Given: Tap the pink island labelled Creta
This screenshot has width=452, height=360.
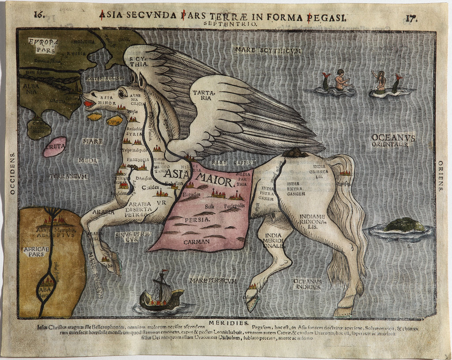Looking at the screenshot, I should [55, 147].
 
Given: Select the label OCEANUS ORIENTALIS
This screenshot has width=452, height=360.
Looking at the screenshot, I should [393, 140].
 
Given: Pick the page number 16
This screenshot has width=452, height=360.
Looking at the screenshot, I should [40, 14].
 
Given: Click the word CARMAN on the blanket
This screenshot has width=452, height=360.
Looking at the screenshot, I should [197, 242].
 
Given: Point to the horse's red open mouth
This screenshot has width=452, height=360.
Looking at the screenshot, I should [89, 104].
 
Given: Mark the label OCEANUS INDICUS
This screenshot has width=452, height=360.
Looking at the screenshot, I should [307, 284].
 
